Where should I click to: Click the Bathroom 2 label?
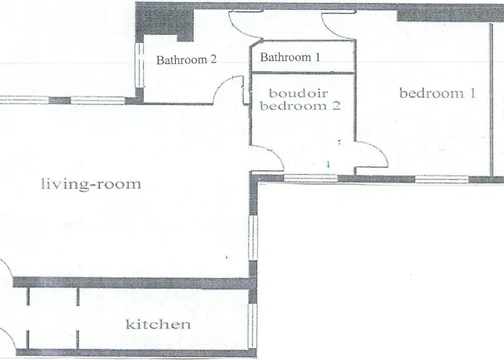click(x=186, y=60)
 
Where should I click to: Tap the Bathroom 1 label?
click(x=290, y=57)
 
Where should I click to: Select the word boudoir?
click(x=298, y=93)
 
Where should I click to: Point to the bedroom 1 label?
click(x=437, y=93)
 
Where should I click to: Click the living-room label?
click(x=91, y=184)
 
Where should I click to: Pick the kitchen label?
click(x=158, y=324)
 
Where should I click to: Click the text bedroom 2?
click(x=300, y=105)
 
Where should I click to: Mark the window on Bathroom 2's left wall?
click(x=140, y=65)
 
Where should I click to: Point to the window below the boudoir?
click(x=311, y=178)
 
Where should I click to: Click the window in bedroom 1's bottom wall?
click(x=441, y=179)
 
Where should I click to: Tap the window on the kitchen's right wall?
click(x=253, y=325)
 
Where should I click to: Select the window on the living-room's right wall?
click(x=253, y=238)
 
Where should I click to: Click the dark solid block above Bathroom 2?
click(x=164, y=22)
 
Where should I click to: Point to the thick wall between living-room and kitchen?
click(x=131, y=282)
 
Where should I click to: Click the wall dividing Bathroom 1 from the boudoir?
click(x=303, y=73)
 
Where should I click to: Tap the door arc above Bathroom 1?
click(x=246, y=27)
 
